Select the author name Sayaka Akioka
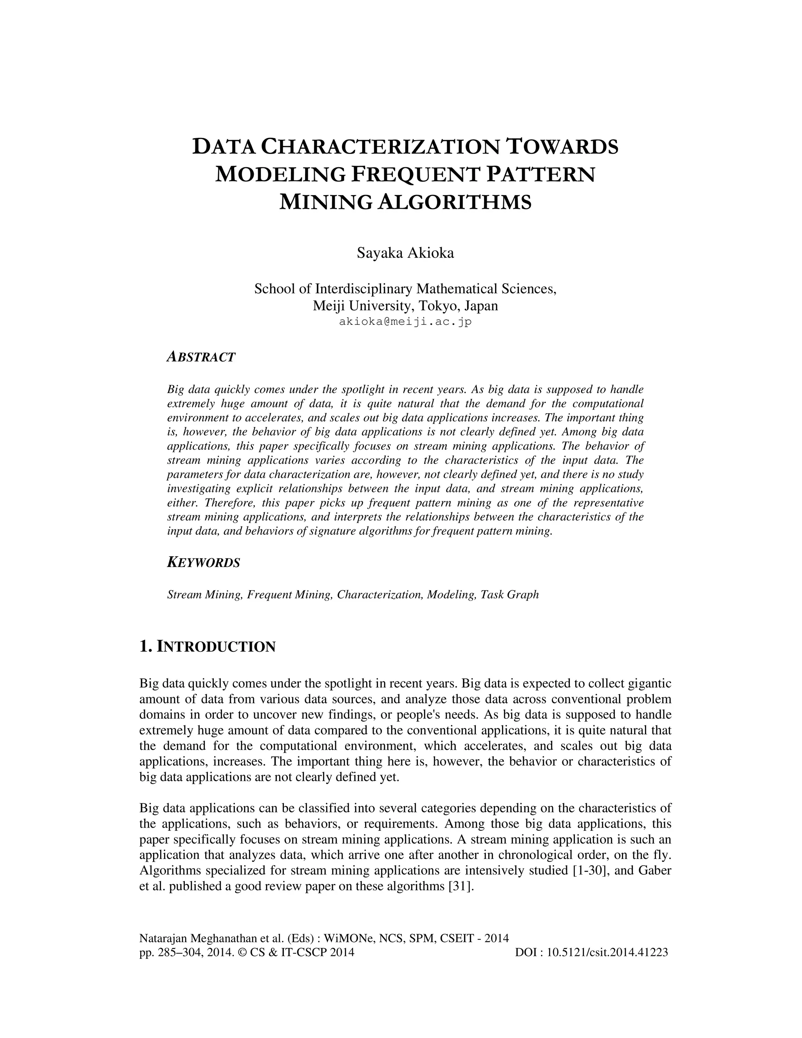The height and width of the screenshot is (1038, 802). point(405,253)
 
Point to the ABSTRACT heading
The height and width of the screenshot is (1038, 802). point(201,357)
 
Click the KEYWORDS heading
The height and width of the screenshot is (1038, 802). point(204,563)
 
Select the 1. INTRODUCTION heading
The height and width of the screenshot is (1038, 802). point(208,647)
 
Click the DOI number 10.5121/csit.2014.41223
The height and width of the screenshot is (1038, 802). point(607,952)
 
